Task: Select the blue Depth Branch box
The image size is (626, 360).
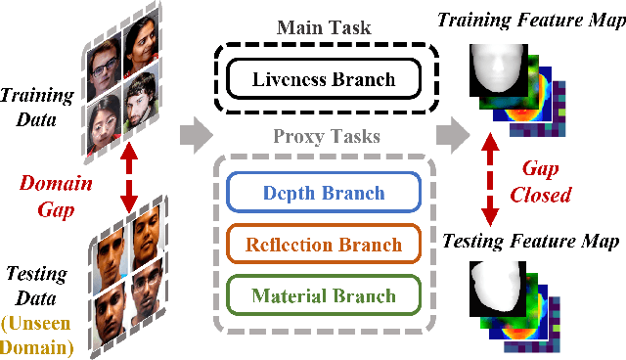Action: tap(324, 194)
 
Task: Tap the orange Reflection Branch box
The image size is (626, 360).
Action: tap(324, 245)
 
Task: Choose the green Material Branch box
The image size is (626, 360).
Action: tap(324, 295)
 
